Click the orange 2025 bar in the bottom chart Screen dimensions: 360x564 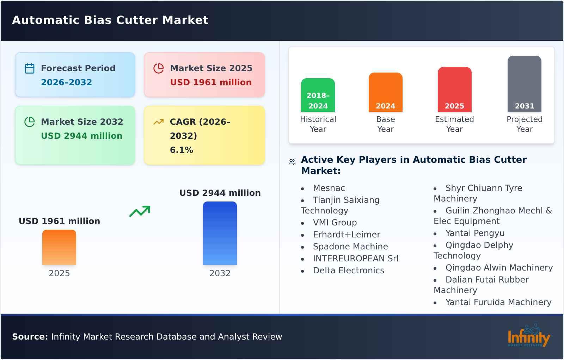point(59,247)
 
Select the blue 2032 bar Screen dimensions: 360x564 point(220,233)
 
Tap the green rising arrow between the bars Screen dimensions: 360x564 point(140,211)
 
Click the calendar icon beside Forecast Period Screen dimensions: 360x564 point(30,68)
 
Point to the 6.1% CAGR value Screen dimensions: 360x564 point(182,150)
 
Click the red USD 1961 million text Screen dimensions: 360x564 point(211,82)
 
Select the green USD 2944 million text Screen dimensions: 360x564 point(81,136)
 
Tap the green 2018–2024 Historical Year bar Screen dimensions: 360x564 point(318,95)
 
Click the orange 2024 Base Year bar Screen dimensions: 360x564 point(385,92)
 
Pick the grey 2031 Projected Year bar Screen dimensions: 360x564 point(524,84)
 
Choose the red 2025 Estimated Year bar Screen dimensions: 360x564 point(454,89)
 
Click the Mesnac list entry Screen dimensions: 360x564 point(329,188)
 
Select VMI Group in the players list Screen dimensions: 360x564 point(335,223)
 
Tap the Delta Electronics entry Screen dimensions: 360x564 point(348,271)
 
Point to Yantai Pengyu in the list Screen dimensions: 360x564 point(475,233)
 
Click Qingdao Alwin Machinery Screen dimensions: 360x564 point(499,268)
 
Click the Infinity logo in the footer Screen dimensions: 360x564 point(528,336)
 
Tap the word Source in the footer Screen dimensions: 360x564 point(30,337)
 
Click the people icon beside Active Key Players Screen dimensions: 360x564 point(292,162)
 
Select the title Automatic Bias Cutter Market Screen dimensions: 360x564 point(110,20)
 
